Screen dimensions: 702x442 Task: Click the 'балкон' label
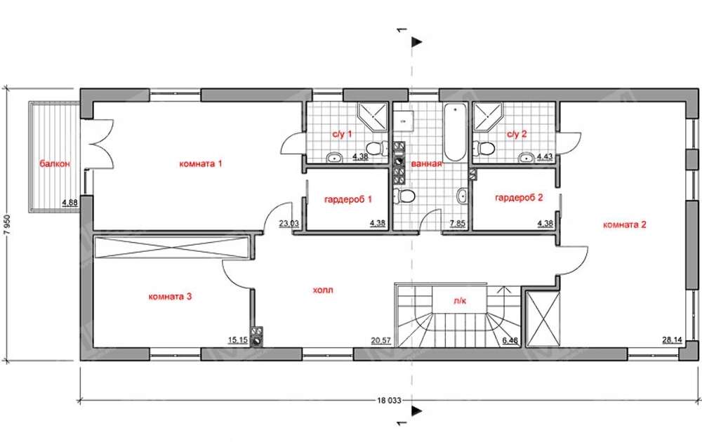coord(55,163)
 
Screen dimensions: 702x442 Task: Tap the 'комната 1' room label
coord(201,163)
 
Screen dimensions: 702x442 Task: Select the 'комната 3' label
coord(170,296)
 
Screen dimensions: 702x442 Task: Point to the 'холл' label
coord(323,290)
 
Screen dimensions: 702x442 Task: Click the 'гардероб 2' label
coord(519,198)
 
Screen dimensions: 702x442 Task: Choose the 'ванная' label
coord(426,163)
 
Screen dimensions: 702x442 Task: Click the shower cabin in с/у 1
coord(373,116)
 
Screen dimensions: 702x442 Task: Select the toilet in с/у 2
coord(484,147)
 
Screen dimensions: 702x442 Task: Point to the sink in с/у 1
coord(334,157)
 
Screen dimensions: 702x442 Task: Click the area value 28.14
coord(672,340)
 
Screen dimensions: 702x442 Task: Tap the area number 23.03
coord(289,223)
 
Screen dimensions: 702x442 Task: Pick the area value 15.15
coord(238,340)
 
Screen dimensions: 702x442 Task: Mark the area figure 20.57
coord(381,340)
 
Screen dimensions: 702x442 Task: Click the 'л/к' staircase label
coord(460,301)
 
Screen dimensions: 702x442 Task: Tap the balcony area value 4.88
coord(69,202)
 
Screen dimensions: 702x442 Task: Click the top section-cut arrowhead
coord(417,42)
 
